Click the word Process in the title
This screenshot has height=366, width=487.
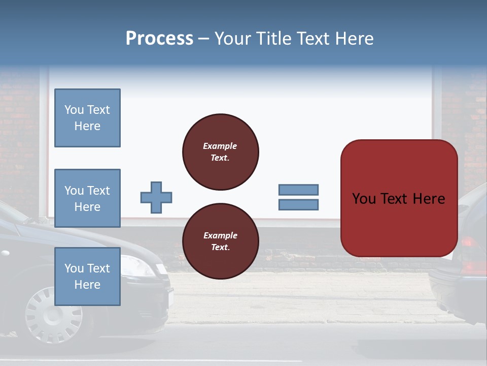159,39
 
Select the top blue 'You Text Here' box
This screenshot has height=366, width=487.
87,118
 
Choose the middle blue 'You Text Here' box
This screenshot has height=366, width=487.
87,198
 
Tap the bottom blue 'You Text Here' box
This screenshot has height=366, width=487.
87,277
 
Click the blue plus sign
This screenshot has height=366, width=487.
156,197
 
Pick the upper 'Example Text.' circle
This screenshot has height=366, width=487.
221,152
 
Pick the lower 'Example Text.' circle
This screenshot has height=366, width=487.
221,241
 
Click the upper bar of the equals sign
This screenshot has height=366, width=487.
299,190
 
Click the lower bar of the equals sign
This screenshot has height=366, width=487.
299,205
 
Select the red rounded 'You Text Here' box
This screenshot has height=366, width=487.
399,198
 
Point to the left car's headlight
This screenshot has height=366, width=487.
138,266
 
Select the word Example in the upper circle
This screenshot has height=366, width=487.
220,146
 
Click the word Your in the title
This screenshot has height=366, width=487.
233,39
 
